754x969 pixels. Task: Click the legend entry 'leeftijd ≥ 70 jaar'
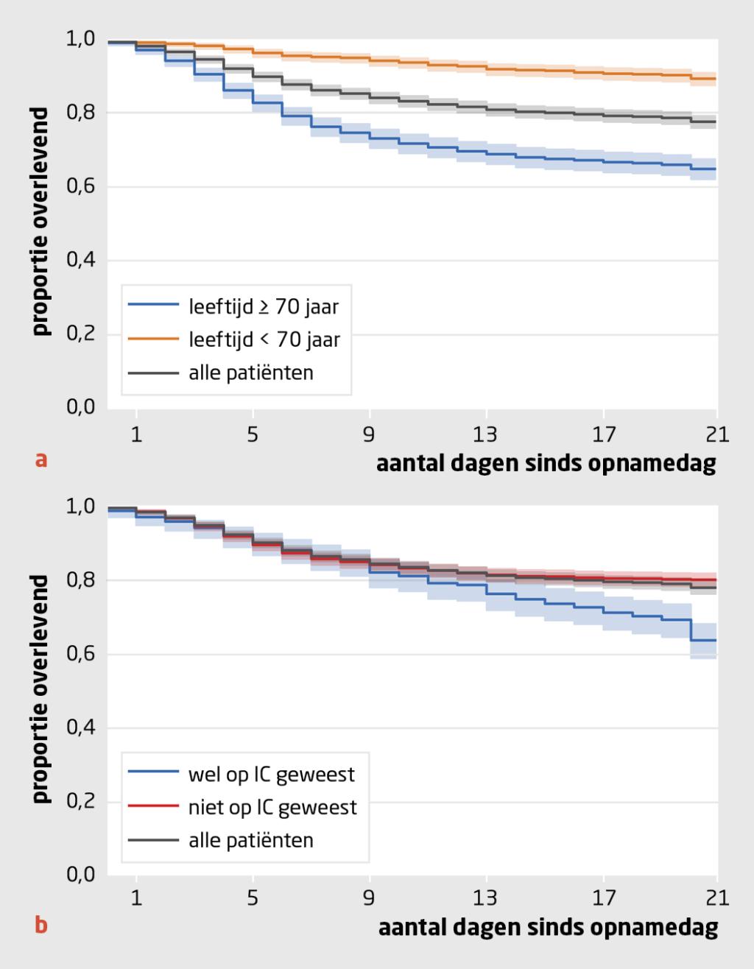coord(264,306)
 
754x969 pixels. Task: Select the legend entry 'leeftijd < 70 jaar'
coord(264,339)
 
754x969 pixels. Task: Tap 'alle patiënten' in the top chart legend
coord(251,373)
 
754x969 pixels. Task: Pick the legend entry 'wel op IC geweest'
coord(272,774)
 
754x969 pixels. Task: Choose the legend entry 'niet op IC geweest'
coord(272,807)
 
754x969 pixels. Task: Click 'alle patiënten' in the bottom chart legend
coord(251,840)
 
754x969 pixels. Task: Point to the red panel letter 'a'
coord(41,461)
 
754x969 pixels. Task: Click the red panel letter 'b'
coord(41,925)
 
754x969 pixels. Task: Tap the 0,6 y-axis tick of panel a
coord(80,187)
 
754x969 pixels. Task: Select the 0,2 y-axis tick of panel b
coord(80,802)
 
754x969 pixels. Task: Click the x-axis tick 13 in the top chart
coord(486,435)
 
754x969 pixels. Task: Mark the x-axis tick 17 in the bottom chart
coord(604,899)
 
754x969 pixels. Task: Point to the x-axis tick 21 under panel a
coord(716,435)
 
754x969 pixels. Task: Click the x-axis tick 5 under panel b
coord(253,899)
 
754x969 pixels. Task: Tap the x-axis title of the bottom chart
coord(548,928)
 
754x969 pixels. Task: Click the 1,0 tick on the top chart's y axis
coord(80,39)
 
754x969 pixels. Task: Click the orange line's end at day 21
coord(715,79)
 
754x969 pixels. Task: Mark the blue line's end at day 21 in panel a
coord(715,169)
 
